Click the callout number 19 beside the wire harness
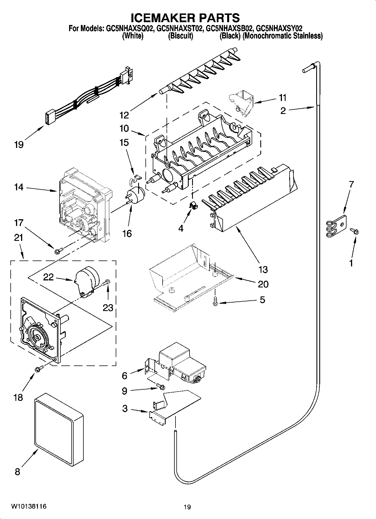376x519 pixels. (x=19, y=145)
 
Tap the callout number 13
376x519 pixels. (x=263, y=269)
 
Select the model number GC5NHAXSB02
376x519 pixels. (x=230, y=28)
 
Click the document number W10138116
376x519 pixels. (x=29, y=506)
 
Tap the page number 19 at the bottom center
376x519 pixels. (x=187, y=507)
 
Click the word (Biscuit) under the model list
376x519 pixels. (x=181, y=36)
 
